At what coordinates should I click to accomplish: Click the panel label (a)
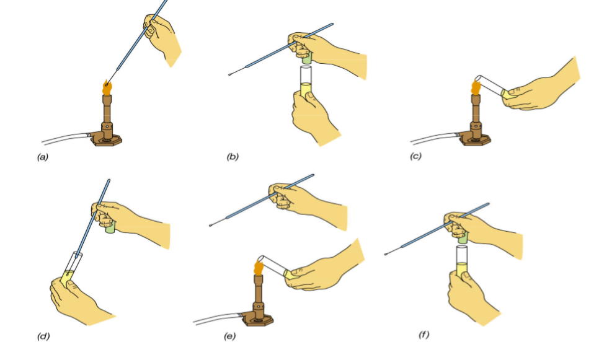(42, 157)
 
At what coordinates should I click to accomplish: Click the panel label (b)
(233, 157)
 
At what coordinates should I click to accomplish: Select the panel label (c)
(415, 156)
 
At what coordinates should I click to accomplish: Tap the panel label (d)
(43, 336)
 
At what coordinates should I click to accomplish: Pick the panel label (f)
(424, 335)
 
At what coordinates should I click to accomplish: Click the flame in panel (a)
(107, 88)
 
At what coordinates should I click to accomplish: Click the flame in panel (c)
(476, 87)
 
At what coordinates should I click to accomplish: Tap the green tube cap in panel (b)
(306, 58)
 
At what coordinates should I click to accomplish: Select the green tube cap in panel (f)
(463, 237)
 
